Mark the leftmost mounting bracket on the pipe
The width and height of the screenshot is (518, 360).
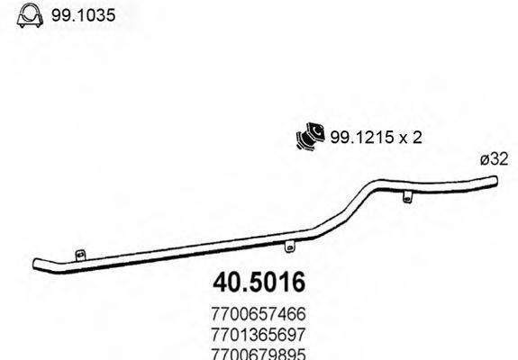[x=80, y=256]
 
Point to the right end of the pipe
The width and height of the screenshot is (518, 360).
[x=495, y=184]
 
